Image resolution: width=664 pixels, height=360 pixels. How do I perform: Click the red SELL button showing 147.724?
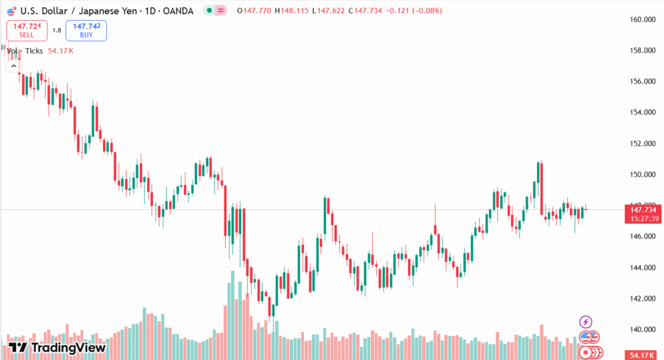pyautogui.click(x=27, y=30)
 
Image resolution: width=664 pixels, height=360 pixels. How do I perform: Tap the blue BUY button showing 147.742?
pyautogui.click(x=86, y=30)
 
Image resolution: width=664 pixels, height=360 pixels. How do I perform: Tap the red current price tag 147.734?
pyautogui.click(x=643, y=210)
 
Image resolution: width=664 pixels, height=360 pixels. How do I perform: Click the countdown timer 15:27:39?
pyautogui.click(x=643, y=219)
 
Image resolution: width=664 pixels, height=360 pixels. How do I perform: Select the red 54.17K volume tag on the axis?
pyautogui.click(x=643, y=355)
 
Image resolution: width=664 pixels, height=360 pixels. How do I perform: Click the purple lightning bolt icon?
pyautogui.click(x=586, y=322)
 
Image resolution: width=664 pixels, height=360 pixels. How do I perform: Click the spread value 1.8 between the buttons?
pyautogui.click(x=56, y=30)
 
